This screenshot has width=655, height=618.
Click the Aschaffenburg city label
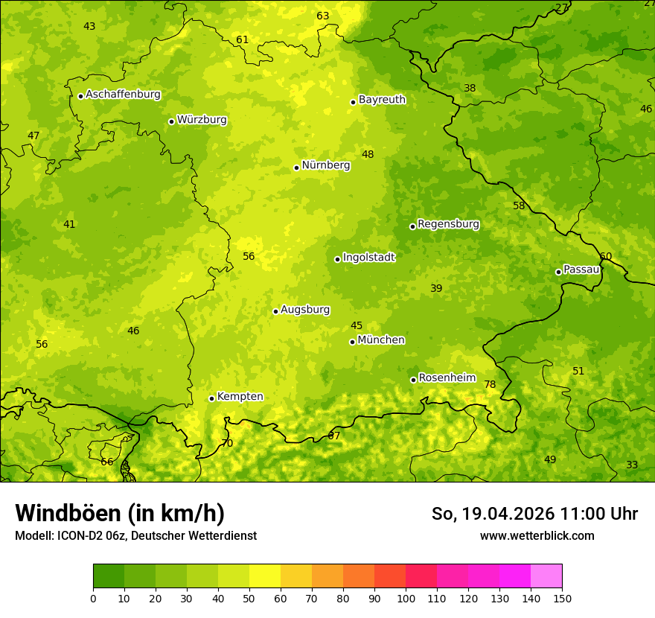point(123,95)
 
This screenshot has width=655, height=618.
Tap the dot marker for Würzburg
point(171,121)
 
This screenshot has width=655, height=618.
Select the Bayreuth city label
point(382,100)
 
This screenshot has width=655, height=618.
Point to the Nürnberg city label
point(325,165)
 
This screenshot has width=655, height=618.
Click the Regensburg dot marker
point(412,226)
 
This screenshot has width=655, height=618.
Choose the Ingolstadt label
point(368,258)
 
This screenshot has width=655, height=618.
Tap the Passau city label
point(581,270)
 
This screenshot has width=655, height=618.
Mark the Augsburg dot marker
point(275,311)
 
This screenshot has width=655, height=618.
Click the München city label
point(381,340)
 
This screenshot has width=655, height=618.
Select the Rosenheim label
point(447,378)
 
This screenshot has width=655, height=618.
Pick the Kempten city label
point(240,397)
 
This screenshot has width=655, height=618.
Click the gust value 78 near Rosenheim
point(490,385)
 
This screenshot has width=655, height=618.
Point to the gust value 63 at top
point(322,16)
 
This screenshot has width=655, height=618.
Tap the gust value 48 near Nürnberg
point(368,155)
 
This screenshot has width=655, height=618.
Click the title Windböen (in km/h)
point(120,513)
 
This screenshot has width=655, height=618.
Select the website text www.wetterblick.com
point(537,535)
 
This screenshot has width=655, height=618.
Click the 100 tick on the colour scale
point(406,598)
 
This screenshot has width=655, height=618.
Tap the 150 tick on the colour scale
point(562,598)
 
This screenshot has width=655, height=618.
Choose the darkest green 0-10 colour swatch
point(109,576)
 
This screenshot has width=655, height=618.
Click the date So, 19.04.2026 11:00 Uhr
point(534,514)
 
